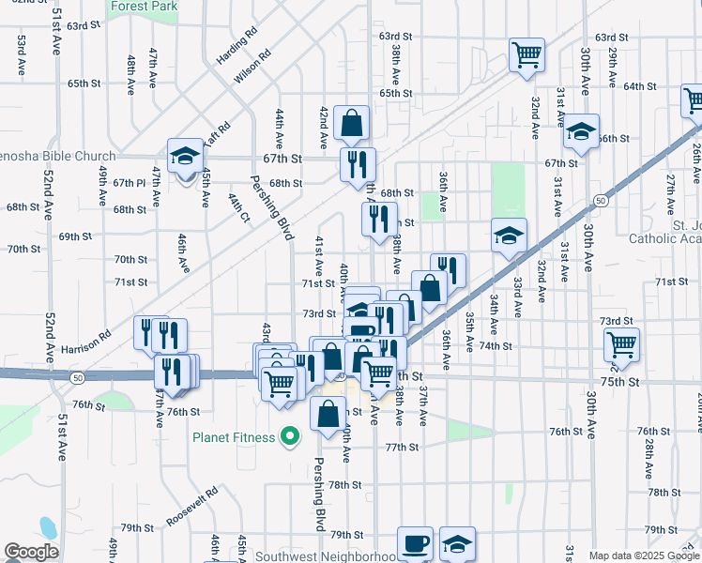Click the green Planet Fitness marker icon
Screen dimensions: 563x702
[291, 436]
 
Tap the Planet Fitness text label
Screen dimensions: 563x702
[235, 437]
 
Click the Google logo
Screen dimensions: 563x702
[31, 552]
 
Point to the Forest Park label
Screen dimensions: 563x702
[143, 6]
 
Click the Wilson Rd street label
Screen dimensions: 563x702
[253, 67]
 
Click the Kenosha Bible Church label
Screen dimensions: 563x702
[56, 157]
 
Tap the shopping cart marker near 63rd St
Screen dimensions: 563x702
[526, 54]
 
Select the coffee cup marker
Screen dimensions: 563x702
[415, 543]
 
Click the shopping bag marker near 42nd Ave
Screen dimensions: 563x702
[350, 122]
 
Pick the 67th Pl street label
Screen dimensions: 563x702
[129, 183]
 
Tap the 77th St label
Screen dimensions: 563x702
[401, 448]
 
